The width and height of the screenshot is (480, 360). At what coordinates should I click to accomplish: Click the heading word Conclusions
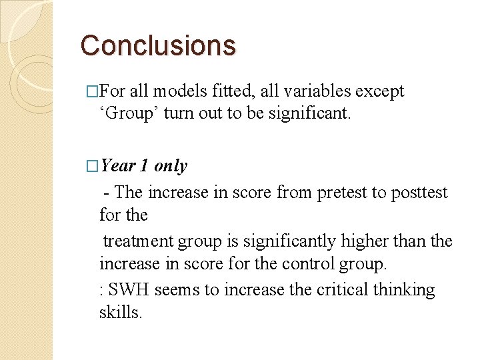(x=158, y=45)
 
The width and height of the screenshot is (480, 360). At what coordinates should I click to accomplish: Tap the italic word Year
(x=119, y=166)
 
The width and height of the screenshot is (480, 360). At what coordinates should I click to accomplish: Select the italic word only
(x=171, y=166)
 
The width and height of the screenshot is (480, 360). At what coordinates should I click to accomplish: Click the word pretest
(x=345, y=193)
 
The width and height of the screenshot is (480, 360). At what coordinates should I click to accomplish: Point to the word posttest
(x=420, y=193)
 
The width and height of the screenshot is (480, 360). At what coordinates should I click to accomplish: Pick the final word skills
(x=121, y=312)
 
